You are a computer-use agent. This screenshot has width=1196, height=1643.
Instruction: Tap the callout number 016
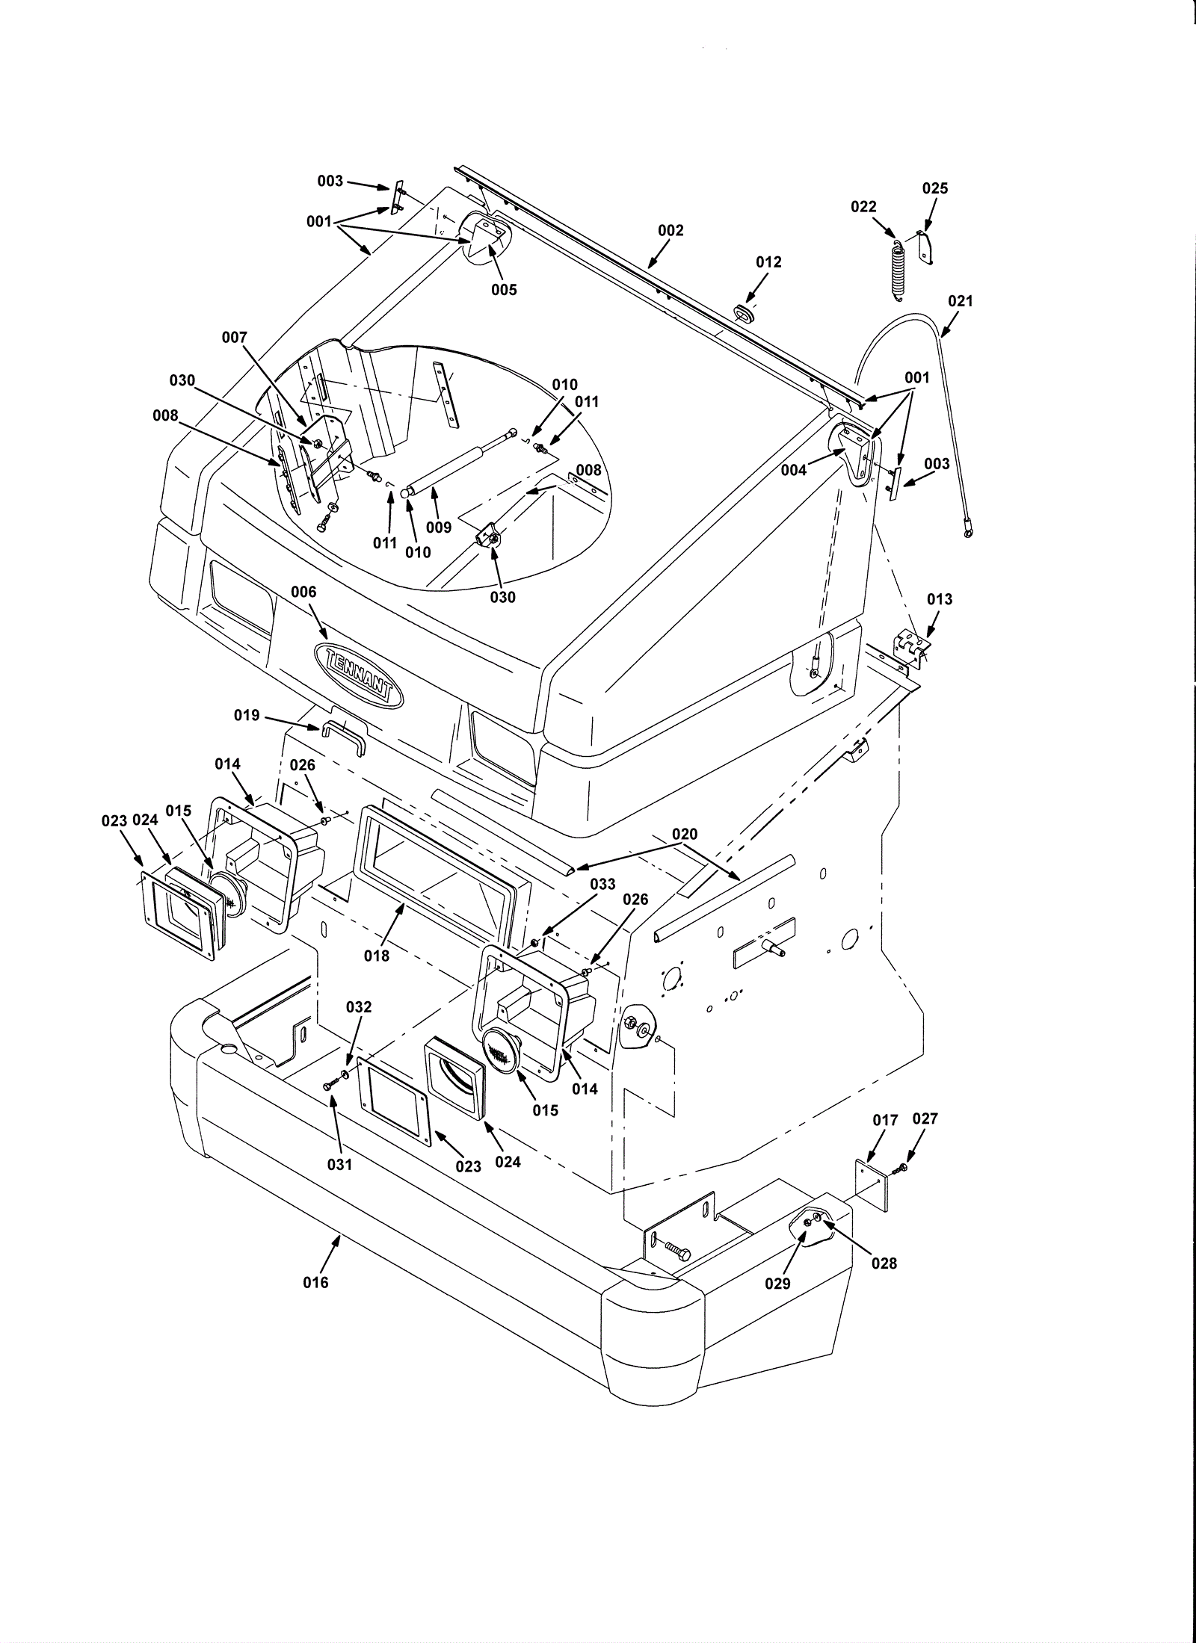click(315, 1282)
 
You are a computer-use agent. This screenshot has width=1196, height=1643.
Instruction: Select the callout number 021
click(961, 301)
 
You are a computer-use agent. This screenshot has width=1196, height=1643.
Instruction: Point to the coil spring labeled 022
click(897, 269)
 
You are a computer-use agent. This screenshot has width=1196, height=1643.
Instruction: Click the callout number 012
click(768, 262)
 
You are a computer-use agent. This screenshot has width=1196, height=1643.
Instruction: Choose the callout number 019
click(247, 715)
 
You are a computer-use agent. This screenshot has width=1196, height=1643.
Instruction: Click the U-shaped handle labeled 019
click(344, 736)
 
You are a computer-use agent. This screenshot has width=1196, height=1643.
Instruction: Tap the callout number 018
click(377, 955)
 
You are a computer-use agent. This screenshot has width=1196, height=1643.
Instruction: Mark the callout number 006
click(303, 592)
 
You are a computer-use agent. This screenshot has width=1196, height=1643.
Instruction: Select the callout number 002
click(671, 230)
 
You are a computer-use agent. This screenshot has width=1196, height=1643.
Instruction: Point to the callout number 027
click(925, 1139)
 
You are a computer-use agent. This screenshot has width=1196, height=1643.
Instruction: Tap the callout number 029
click(777, 1283)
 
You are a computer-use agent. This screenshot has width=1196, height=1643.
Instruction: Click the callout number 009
click(439, 527)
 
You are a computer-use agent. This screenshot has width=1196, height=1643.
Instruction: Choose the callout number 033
click(602, 884)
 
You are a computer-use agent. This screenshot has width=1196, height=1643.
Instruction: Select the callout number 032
click(359, 1006)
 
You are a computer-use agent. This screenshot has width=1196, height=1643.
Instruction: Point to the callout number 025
click(934, 188)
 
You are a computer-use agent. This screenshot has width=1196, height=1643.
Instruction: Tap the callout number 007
click(234, 338)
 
